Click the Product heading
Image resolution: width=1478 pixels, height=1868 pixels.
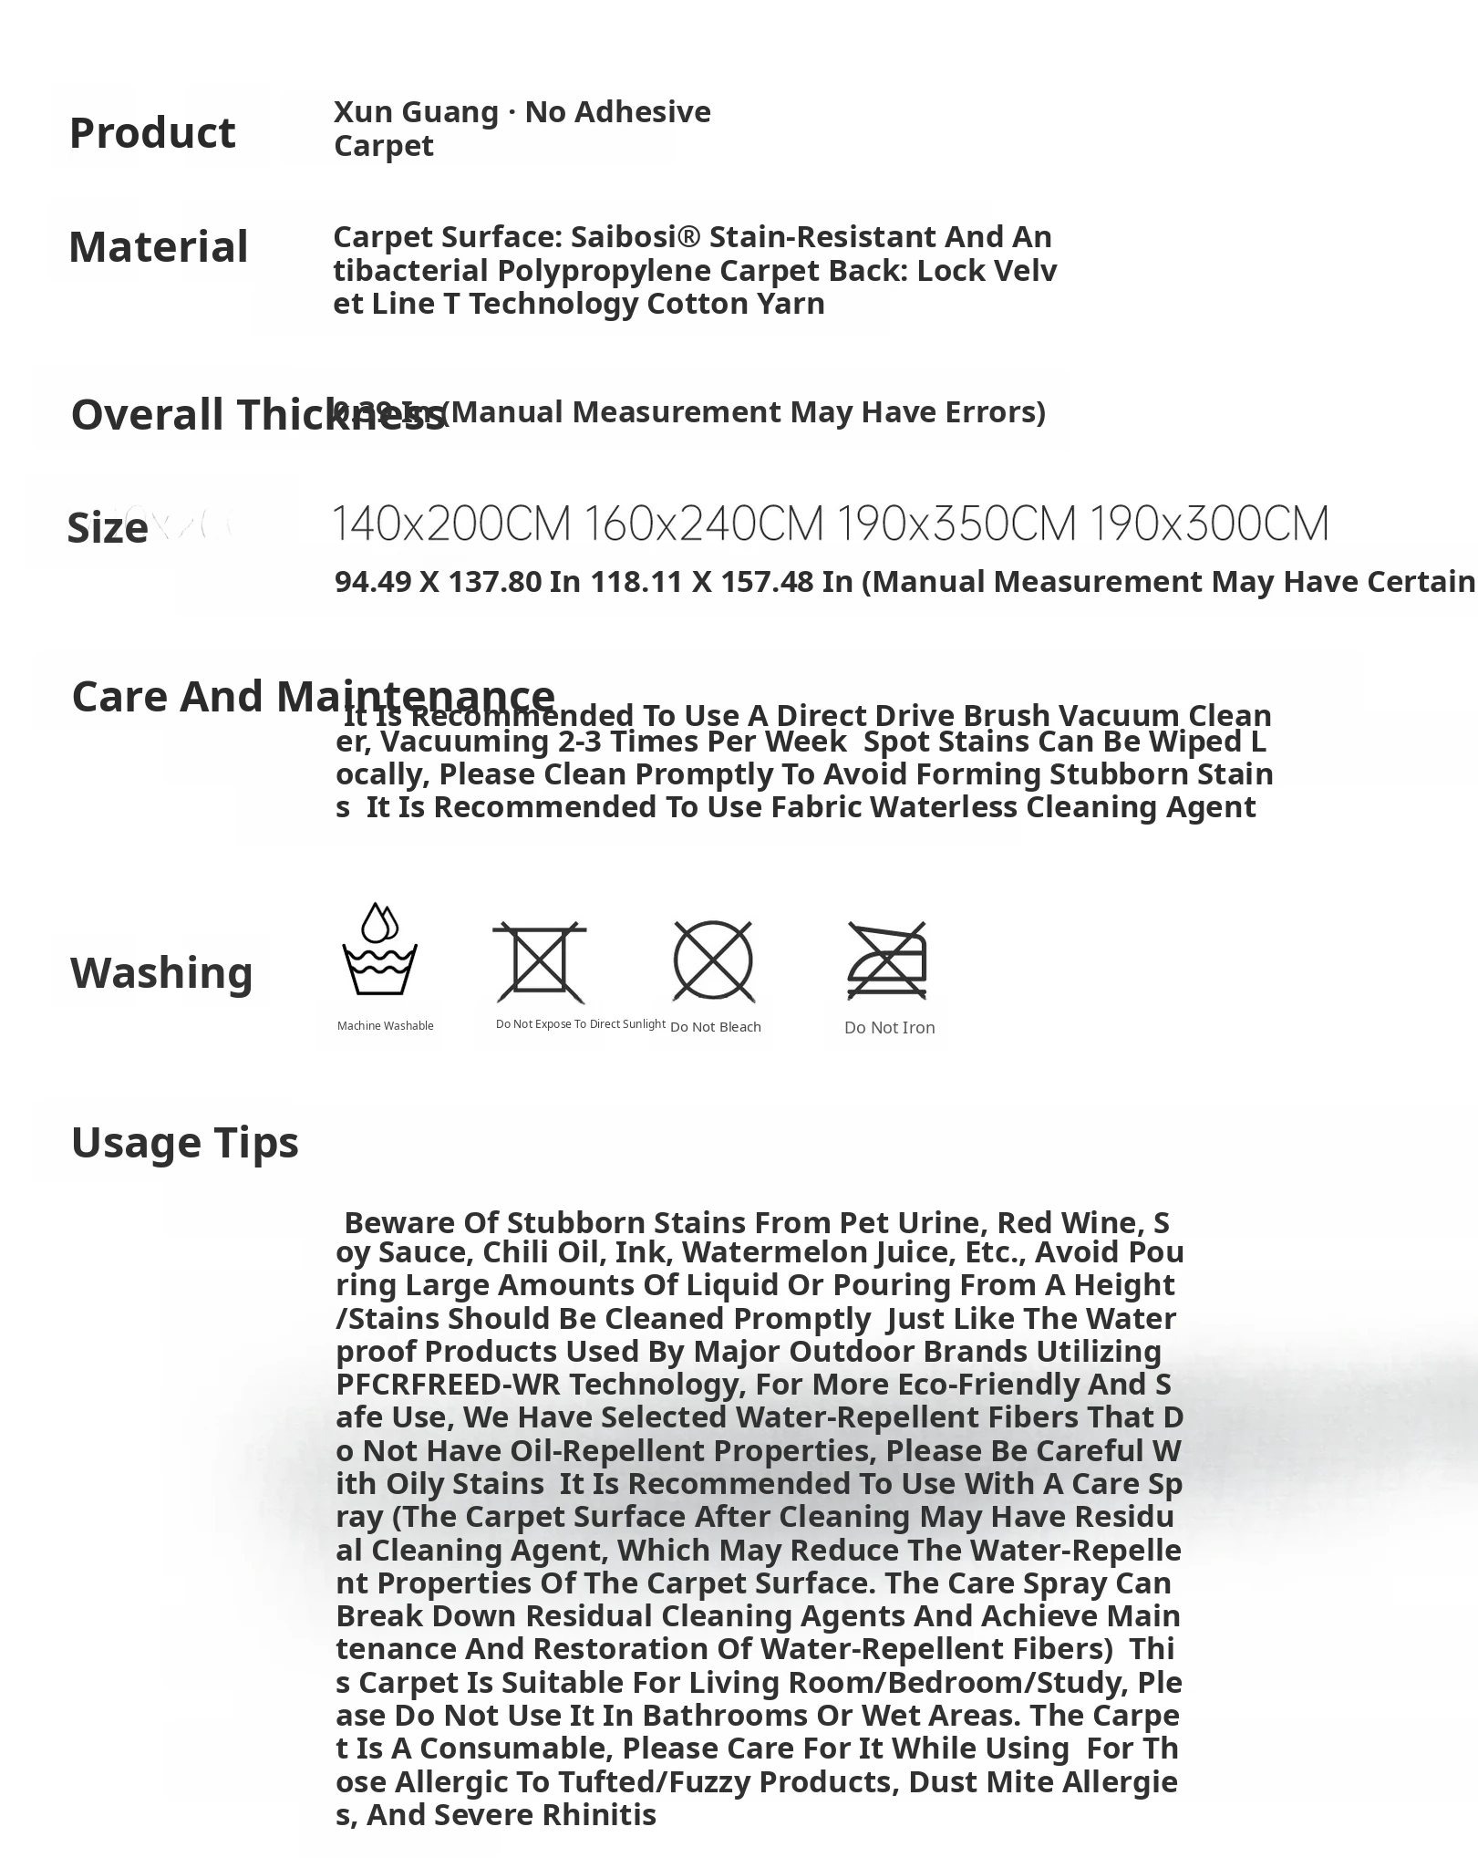click(x=152, y=133)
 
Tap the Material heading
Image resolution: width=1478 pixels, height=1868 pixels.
click(x=159, y=247)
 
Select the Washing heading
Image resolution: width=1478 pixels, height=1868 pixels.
click(x=161, y=972)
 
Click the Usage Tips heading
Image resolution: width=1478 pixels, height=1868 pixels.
click(x=185, y=1142)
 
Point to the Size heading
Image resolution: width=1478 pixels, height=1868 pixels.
click(x=108, y=528)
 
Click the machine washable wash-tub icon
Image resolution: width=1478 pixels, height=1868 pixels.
click(x=379, y=950)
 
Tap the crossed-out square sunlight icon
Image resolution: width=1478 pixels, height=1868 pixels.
click(x=539, y=961)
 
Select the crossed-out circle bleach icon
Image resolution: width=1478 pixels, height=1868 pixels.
click(x=713, y=961)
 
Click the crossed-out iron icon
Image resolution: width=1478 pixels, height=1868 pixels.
click(x=887, y=961)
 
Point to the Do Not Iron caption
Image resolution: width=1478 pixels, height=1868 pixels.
click(x=889, y=1028)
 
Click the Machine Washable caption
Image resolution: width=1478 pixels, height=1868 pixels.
click(x=385, y=1026)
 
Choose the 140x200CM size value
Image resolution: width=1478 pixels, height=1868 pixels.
click(x=451, y=524)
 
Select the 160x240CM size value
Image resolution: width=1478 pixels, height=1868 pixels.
click(x=703, y=524)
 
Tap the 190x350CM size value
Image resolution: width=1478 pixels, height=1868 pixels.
click(x=956, y=524)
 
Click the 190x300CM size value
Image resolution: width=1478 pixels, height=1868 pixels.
click(x=1209, y=524)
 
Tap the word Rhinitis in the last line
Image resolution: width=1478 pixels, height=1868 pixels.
click(x=599, y=1815)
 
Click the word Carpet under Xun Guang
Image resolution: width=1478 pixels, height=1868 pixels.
click(x=383, y=146)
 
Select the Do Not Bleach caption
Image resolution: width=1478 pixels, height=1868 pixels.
click(x=715, y=1027)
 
